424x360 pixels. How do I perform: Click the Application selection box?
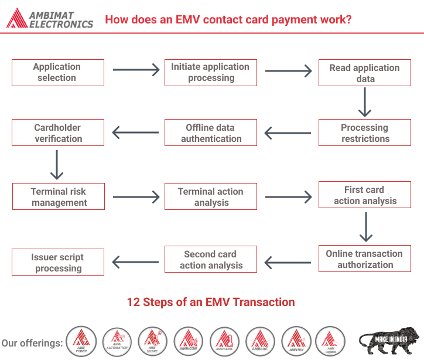tap(58, 73)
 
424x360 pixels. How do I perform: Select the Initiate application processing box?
tap(210, 73)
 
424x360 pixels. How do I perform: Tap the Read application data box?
tap(365, 73)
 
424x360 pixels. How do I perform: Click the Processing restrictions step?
tap(365, 133)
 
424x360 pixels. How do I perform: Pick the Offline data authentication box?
tap(211, 133)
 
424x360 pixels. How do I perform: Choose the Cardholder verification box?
tap(58, 133)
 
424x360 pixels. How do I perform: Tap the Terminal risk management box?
tap(58, 197)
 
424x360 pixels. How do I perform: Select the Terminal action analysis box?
tap(211, 197)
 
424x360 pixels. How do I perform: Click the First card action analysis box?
tap(365, 195)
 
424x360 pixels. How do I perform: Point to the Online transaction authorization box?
tap(365, 259)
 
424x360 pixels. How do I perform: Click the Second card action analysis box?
tap(211, 260)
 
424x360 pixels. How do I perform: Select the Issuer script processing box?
tap(58, 263)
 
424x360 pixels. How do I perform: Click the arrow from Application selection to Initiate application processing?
tap(136, 70)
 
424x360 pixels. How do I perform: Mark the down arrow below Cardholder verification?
tap(57, 165)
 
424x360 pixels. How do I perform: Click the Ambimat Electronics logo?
tap(50, 19)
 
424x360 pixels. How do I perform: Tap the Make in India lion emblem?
tap(389, 340)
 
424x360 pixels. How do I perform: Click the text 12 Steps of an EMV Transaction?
tap(211, 303)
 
